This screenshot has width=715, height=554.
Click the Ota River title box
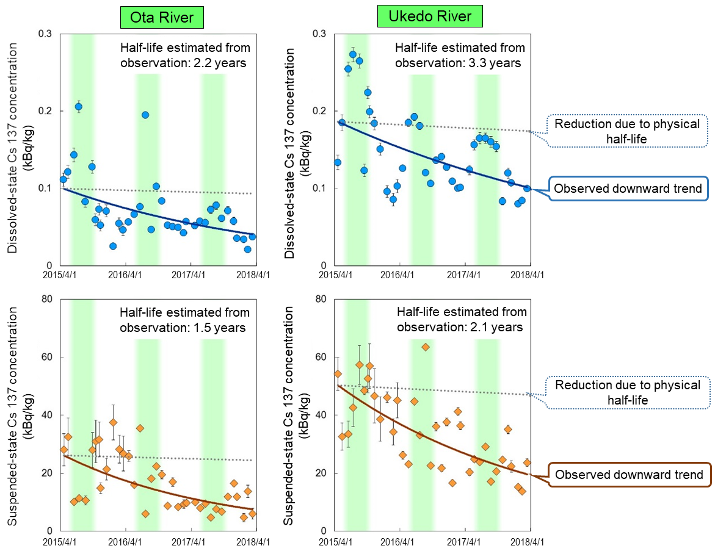pos(162,18)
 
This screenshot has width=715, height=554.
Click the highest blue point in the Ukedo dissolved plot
pos(353,54)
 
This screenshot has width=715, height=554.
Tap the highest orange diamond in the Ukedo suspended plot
pos(426,347)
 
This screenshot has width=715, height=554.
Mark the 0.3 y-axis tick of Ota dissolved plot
pos(46,34)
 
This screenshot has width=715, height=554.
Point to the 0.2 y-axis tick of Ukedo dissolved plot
pos(321,111)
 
